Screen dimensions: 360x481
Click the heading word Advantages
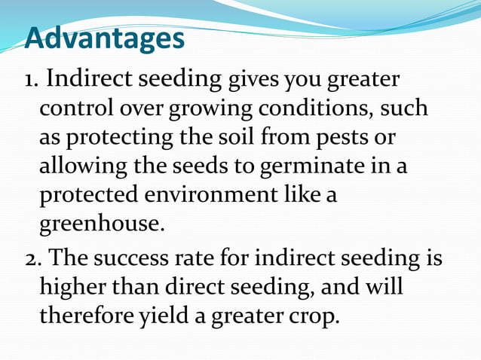[105, 38]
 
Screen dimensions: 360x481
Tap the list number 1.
[32, 79]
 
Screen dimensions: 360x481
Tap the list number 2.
[33, 258]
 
